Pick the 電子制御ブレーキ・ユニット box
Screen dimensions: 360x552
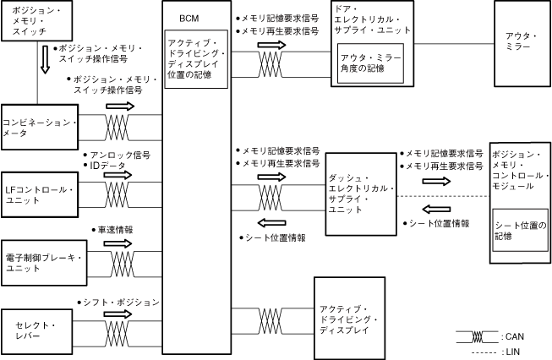pyautogui.click(x=40, y=261)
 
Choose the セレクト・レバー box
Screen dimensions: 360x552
pyautogui.click(x=40, y=326)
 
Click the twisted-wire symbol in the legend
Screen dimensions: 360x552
pyautogui.click(x=475, y=335)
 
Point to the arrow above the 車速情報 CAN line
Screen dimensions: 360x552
pyautogui.click(x=119, y=243)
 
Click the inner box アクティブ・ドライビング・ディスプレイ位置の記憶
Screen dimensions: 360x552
pyautogui.click(x=195, y=61)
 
